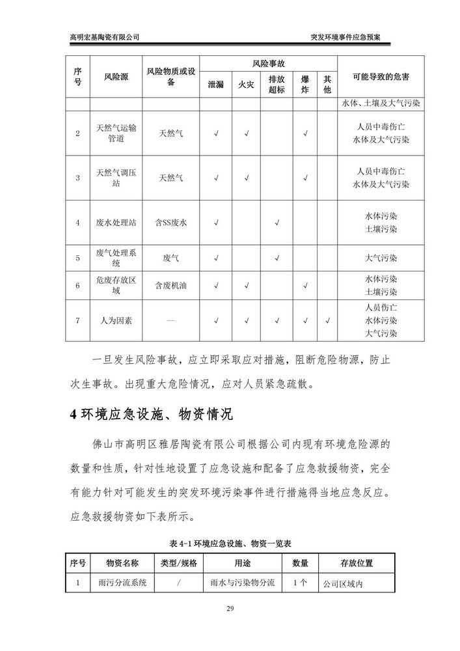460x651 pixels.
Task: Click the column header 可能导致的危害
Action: [381, 77]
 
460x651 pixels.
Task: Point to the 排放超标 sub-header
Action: [277, 85]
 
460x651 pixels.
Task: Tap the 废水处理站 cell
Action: [116, 223]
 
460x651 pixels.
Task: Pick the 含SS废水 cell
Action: [171, 223]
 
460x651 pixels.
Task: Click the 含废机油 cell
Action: [171, 285]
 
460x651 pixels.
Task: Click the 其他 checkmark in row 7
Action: [327, 320]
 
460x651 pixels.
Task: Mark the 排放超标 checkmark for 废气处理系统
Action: [277, 258]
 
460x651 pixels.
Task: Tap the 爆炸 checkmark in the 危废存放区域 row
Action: [304, 285]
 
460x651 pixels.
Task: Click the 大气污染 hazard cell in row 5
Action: [381, 258]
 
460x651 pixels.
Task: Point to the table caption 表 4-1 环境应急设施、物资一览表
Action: [230, 543]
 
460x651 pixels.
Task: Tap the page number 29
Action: [230, 609]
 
